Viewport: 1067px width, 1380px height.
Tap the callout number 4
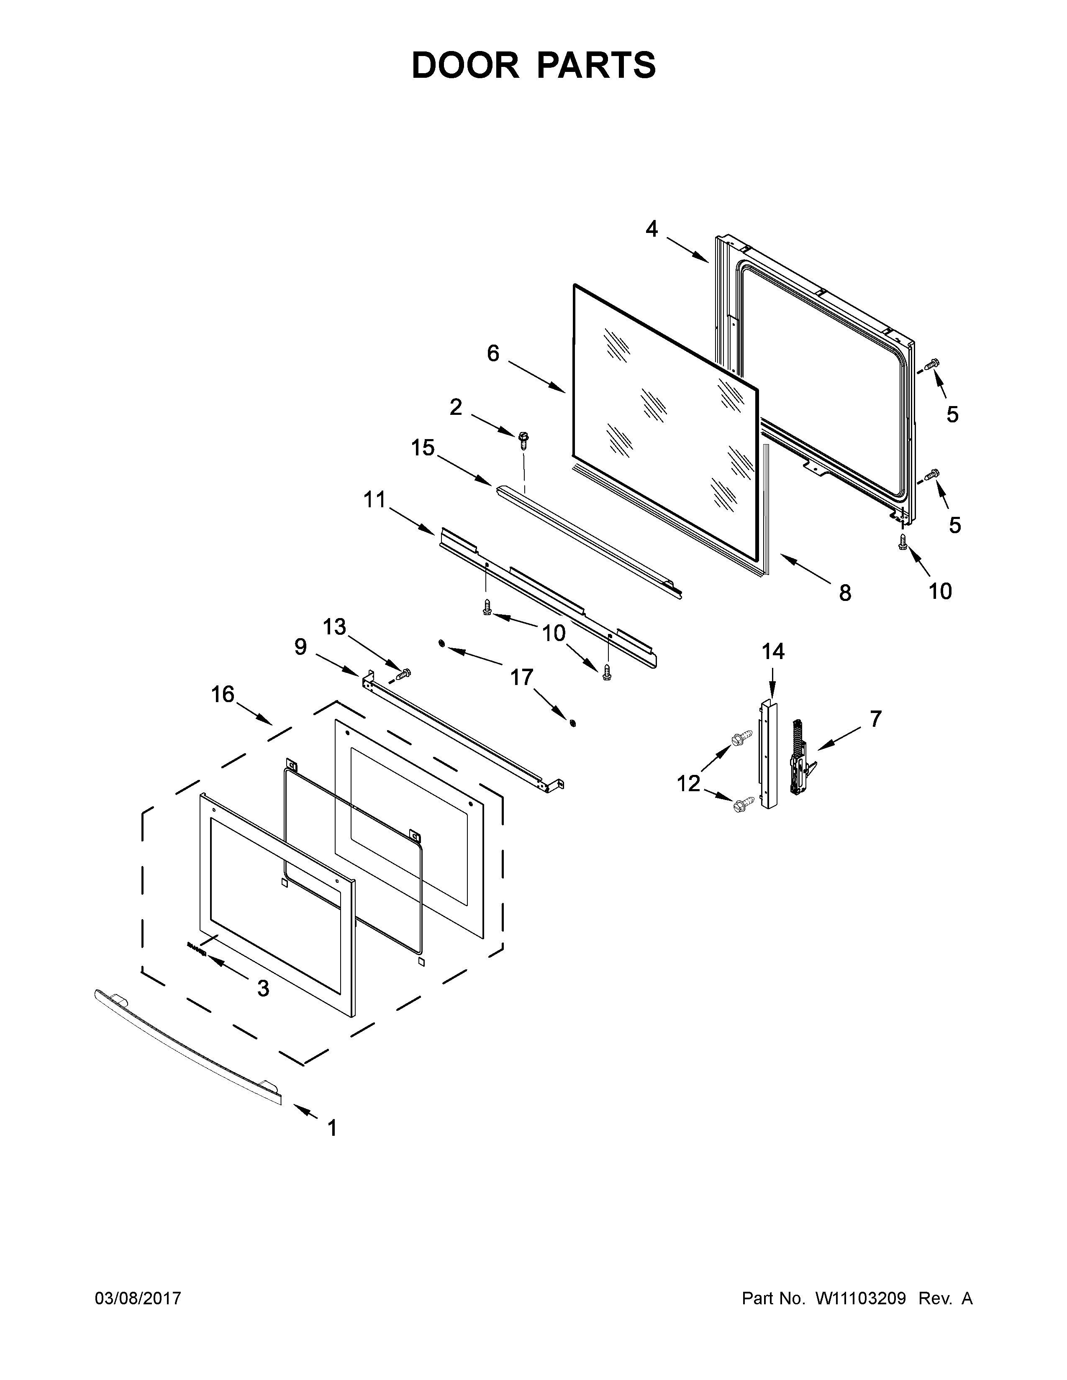[651, 229]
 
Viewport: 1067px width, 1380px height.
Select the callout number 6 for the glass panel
[493, 353]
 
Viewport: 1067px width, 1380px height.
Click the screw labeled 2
[523, 439]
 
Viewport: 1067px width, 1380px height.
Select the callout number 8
[844, 593]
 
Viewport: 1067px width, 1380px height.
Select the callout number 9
[300, 647]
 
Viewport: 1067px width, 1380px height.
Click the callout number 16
[223, 695]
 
